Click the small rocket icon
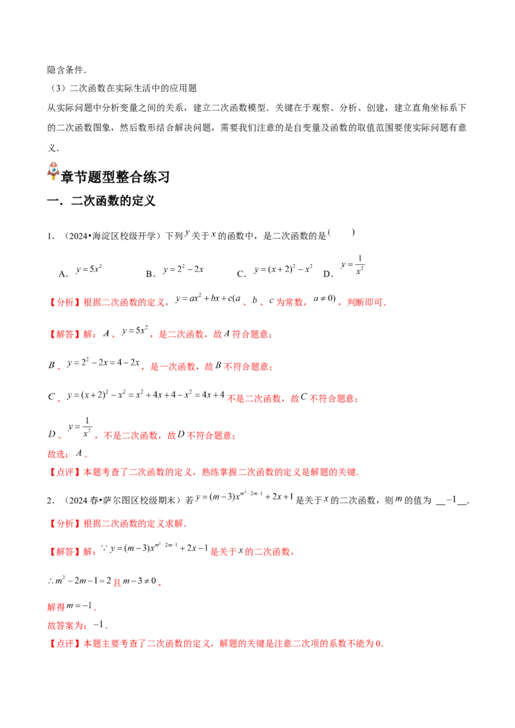(53, 171)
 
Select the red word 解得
(56, 606)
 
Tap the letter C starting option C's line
(50, 399)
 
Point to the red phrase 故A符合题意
(241, 334)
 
